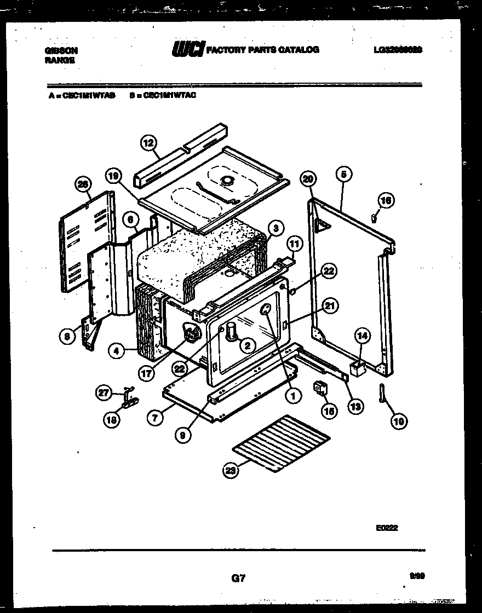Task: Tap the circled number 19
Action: click(x=113, y=176)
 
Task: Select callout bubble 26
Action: click(x=83, y=186)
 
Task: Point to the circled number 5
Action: click(x=343, y=175)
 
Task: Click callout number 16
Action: click(x=387, y=201)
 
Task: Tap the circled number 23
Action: click(x=231, y=470)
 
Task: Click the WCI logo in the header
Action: click(x=188, y=50)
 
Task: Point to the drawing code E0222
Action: click(x=387, y=528)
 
